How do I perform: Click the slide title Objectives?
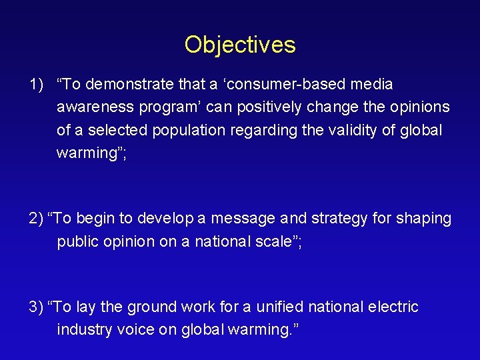pos(240,45)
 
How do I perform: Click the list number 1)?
pos(36,85)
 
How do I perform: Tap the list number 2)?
pos(37,219)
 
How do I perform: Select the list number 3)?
pos(37,307)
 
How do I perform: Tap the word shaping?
pos(424,219)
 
